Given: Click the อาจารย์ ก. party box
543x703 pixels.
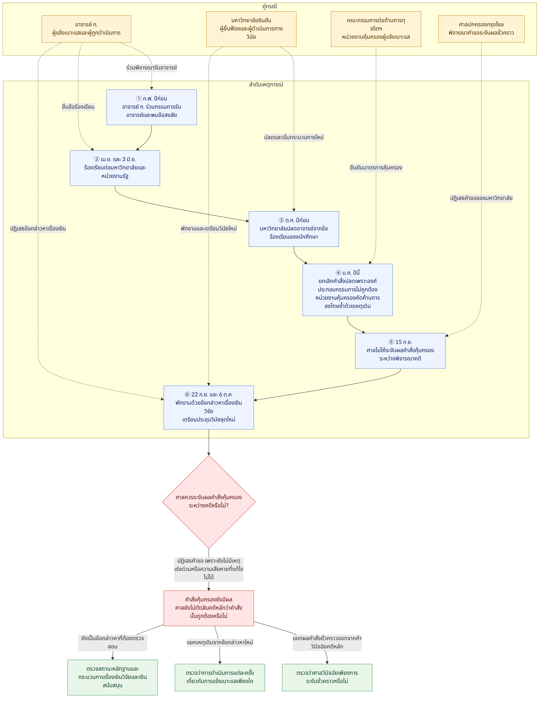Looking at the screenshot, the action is click(x=86, y=29).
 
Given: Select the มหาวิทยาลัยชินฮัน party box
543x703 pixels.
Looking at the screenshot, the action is click(x=251, y=29).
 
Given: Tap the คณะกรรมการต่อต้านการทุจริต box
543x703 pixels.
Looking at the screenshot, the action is click(x=376, y=29).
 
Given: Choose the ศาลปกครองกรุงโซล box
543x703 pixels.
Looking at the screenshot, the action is click(x=481, y=29).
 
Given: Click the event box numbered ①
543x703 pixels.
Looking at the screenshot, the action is click(x=152, y=107).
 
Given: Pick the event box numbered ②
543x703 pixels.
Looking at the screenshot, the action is click(x=115, y=168).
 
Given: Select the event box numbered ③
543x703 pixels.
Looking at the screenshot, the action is click(x=294, y=229).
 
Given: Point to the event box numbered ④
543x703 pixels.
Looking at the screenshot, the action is click(x=348, y=290).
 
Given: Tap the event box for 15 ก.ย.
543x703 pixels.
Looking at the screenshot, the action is click(x=400, y=351).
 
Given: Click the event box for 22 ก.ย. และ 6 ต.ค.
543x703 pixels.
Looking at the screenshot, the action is click(x=209, y=407).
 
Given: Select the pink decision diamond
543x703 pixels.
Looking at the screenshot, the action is click(x=209, y=502).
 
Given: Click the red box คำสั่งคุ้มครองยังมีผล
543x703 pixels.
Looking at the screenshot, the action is click(x=209, y=608).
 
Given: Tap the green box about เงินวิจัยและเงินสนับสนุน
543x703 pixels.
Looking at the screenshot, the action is click(x=113, y=677).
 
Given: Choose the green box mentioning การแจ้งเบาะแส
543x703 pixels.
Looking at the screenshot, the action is click(x=220, y=677).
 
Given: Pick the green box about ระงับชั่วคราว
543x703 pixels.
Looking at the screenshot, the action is click(x=327, y=677).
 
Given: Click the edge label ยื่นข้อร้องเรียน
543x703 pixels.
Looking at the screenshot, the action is click(x=78, y=107).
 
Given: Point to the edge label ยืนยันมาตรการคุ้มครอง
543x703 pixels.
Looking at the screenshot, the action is click(x=376, y=168).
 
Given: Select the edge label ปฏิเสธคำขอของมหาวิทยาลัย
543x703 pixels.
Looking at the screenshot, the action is click(x=481, y=198).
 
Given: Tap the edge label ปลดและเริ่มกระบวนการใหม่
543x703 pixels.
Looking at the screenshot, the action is click(x=294, y=137).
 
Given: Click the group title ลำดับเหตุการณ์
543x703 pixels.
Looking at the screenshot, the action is click(x=266, y=85).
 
